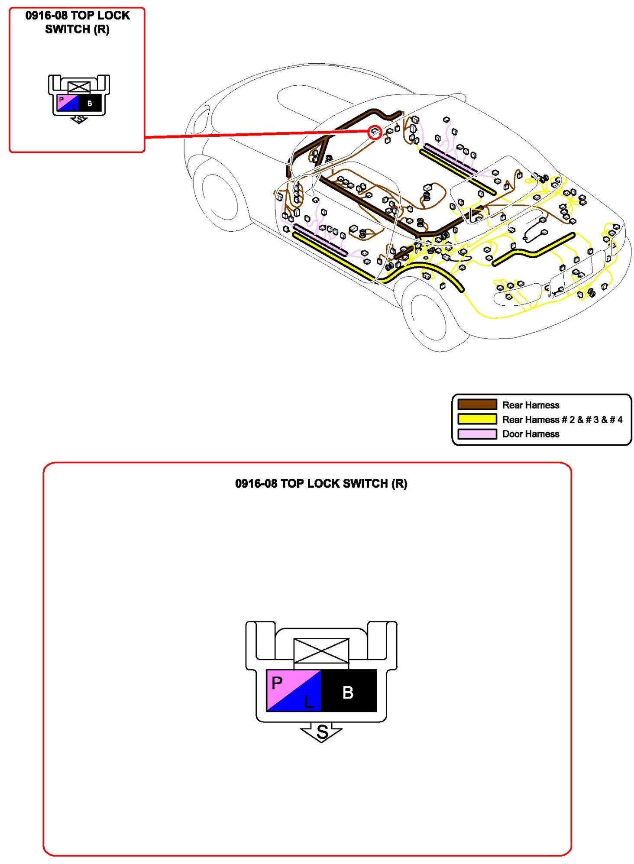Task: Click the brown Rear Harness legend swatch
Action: click(477, 404)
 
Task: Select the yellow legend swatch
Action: click(477, 419)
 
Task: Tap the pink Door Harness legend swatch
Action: click(477, 434)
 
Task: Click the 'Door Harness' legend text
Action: click(530, 434)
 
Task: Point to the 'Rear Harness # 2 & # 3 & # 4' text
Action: click(562, 419)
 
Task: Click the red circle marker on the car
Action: click(375, 132)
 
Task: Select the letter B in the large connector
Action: click(348, 692)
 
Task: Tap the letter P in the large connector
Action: click(277, 683)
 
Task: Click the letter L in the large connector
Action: click(308, 702)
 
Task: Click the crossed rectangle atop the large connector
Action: click(321, 650)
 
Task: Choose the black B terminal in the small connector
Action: click(90, 103)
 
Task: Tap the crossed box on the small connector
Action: click(79, 87)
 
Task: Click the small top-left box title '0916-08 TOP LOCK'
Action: click(78, 16)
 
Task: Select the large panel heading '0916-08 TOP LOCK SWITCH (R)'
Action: click(321, 483)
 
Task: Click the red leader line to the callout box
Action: click(256, 134)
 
